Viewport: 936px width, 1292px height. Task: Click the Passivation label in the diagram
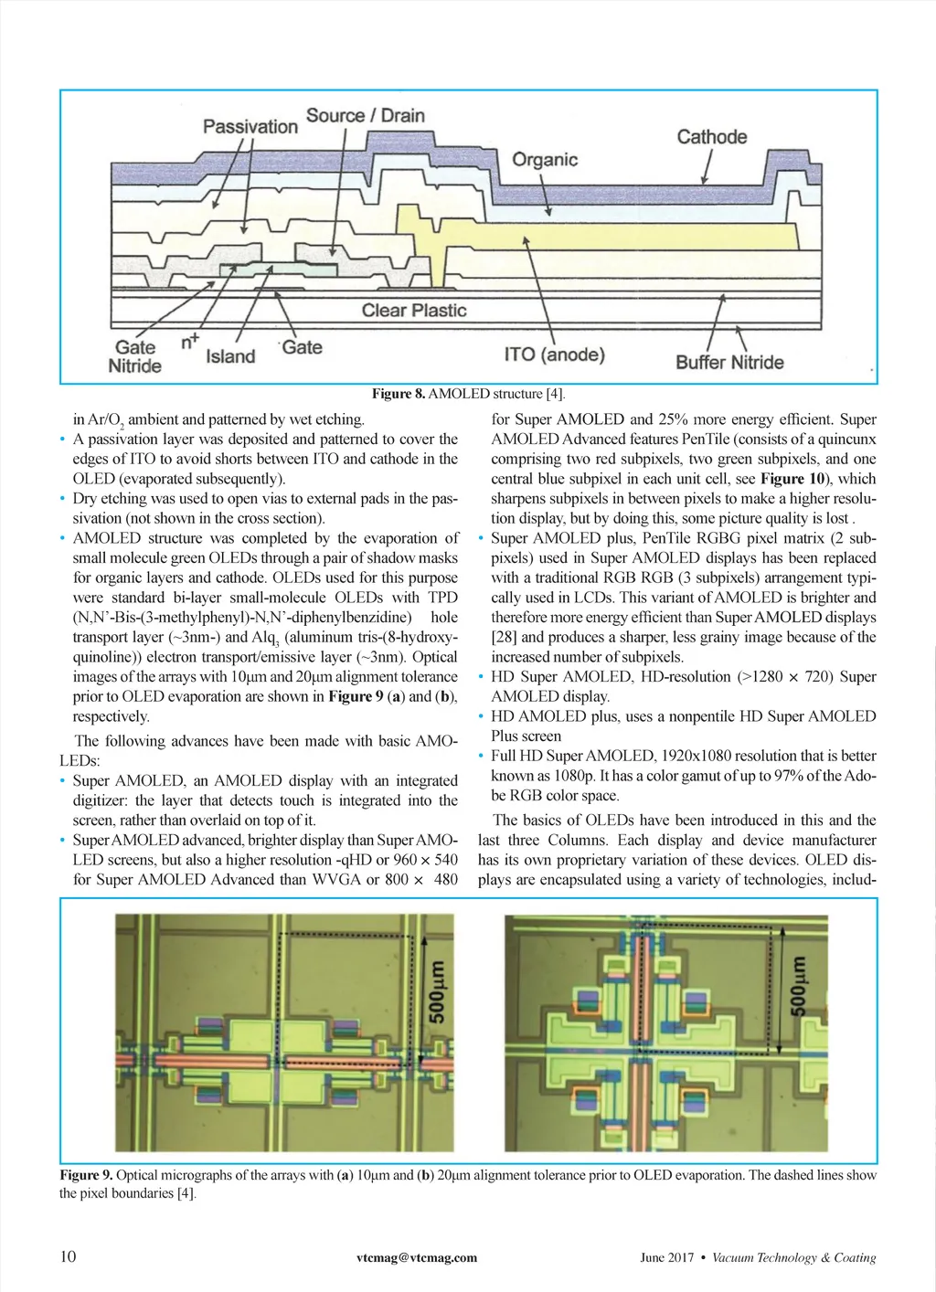coord(250,126)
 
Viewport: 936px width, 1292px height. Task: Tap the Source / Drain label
coord(365,116)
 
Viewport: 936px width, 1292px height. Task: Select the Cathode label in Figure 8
coord(711,137)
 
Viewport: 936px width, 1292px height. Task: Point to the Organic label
coord(545,160)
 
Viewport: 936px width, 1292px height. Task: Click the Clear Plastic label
coord(414,311)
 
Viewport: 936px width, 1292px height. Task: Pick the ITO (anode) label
coord(554,355)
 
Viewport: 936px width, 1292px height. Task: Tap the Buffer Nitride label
coord(729,362)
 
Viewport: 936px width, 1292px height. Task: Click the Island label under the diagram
coord(230,356)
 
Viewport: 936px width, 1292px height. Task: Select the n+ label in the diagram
coord(190,342)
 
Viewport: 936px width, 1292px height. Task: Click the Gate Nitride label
coord(135,356)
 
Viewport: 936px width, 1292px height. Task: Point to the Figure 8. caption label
coord(399,394)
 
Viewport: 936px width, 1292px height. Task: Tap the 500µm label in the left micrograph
coord(438,992)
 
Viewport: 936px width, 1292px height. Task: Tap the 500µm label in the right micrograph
coord(798,986)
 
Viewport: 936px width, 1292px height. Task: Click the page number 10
coord(68,1256)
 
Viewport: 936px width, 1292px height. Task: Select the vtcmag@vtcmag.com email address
coord(417,1257)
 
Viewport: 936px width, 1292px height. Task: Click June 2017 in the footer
coord(666,1257)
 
